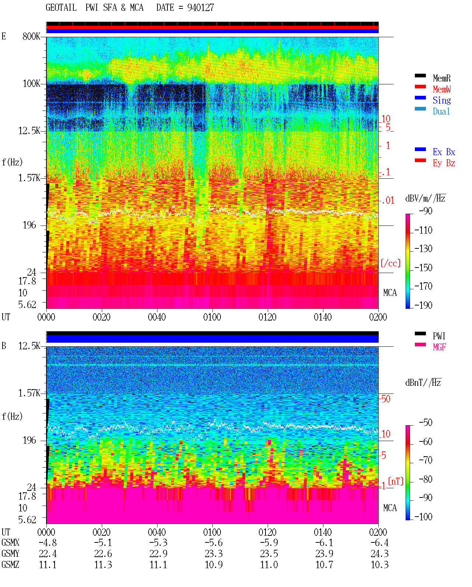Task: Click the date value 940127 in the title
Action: (200, 8)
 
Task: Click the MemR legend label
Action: (441, 78)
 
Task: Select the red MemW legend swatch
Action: (420, 87)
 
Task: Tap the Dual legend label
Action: (441, 112)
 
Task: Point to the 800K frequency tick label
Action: (31, 36)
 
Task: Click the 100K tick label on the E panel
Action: (31, 84)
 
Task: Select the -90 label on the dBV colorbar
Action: (426, 211)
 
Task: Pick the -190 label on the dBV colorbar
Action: (423, 305)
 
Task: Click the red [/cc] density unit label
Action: (391, 263)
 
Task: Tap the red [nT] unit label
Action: (396, 482)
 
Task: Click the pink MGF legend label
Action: (439, 347)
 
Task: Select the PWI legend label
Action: (439, 336)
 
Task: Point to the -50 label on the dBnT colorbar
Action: (426, 423)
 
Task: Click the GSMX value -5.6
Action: (214, 543)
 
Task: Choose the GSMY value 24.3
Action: (379, 554)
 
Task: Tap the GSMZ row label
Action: (10, 565)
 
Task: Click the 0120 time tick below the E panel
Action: (268, 317)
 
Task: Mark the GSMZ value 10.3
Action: (379, 565)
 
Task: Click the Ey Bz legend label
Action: (444, 163)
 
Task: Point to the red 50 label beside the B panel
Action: (385, 399)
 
